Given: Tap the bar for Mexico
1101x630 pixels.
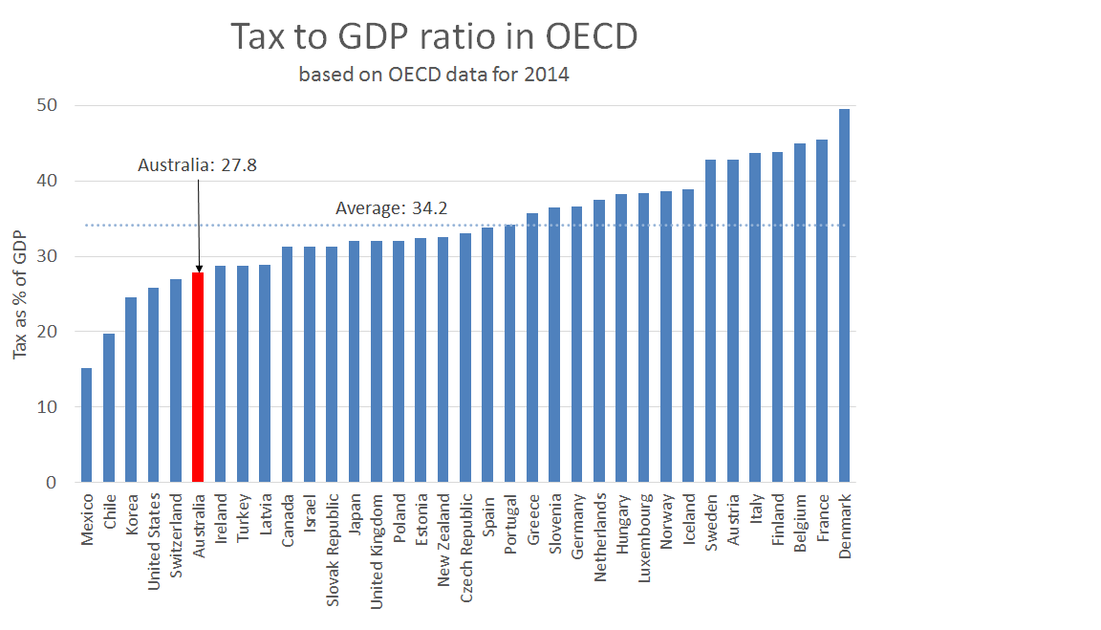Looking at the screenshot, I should tap(87, 424).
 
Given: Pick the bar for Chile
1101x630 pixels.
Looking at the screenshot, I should tap(109, 407).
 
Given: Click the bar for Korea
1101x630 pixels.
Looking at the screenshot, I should tap(131, 389).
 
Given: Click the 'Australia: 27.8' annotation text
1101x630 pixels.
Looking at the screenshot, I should tap(197, 165).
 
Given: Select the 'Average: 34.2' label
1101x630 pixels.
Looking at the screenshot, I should tap(392, 208).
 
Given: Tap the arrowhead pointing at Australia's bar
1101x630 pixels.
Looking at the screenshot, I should tap(199, 269).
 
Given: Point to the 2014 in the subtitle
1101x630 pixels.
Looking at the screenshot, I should tap(547, 75).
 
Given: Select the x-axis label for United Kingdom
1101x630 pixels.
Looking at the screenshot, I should tap(377, 537).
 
